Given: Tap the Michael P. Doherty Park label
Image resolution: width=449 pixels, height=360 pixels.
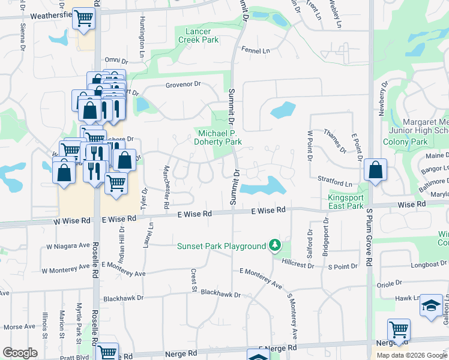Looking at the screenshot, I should tap(217, 137).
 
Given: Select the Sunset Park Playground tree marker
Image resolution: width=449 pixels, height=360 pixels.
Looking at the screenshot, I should tap(275, 245).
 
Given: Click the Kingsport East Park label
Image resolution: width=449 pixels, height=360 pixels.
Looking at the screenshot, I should tap(346, 202).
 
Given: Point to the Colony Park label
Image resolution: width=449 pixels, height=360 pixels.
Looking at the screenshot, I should tap(406, 142).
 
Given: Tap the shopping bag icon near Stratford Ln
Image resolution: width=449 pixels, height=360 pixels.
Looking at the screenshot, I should tap(375, 170).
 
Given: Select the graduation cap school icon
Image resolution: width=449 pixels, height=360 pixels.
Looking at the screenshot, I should tap(431, 306).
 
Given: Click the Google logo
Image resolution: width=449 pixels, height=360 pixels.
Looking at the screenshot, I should tap(20, 352).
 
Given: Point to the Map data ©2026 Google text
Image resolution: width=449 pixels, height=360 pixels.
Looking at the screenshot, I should tap(412, 355).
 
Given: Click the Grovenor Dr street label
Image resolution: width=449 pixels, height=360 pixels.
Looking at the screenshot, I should tap(182, 85).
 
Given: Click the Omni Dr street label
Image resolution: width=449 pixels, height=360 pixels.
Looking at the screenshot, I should tap(116, 61).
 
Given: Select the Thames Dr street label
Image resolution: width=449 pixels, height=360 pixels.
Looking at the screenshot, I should tap(334, 140).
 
